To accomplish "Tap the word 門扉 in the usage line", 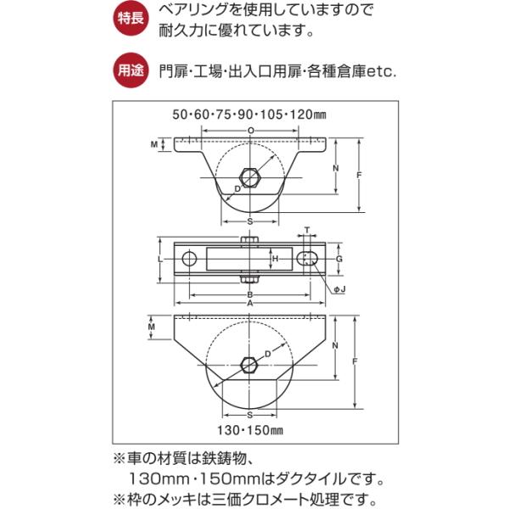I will pyautogui.click(x=172, y=72).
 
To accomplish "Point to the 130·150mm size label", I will pyautogui.click(x=251, y=429).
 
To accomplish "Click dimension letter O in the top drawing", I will pyautogui.click(x=250, y=129).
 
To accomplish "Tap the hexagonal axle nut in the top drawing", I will pyautogui.click(x=250, y=176).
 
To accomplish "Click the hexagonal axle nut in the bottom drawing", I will pyautogui.click(x=250, y=366).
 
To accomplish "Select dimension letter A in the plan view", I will pyautogui.click(x=250, y=303).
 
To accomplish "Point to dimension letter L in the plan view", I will pyautogui.click(x=161, y=258).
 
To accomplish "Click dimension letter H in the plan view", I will pyautogui.click(x=275, y=258).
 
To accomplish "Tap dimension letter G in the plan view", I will pyautogui.click(x=339, y=258).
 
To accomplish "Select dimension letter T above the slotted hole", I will pyautogui.click(x=307, y=230).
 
